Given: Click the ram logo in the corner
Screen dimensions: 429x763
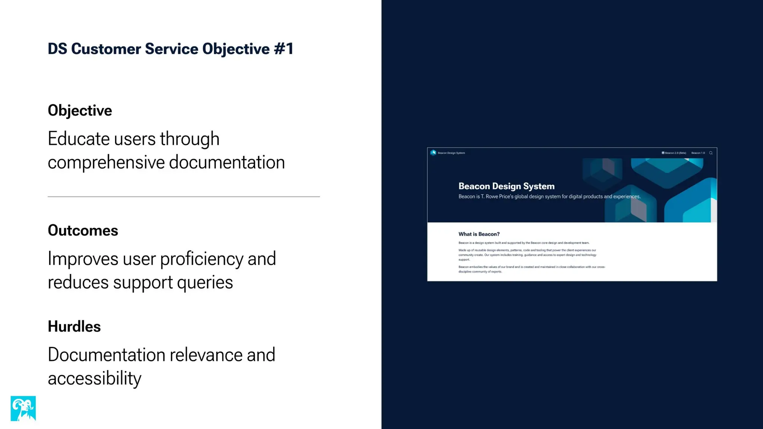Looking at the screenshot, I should click(x=23, y=408).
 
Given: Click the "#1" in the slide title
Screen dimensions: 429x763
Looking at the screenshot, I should click(x=284, y=49).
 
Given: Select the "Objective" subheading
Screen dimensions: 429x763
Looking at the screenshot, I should click(x=80, y=111).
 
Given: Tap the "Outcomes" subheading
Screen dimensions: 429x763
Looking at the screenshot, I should click(x=83, y=231).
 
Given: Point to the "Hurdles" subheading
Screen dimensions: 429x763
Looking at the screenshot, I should click(x=74, y=327).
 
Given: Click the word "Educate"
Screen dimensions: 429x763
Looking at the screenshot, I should click(x=79, y=139).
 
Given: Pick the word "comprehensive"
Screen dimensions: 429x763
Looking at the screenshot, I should click(x=106, y=163).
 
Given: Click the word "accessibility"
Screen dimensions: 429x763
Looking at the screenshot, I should click(x=95, y=378).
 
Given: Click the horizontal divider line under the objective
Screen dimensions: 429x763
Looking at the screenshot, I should click(x=184, y=196).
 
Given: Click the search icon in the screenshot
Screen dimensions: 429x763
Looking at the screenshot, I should click(x=711, y=153).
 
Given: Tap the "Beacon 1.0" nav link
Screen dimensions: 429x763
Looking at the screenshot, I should click(x=698, y=153).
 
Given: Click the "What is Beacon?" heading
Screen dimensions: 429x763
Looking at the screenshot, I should click(x=479, y=234).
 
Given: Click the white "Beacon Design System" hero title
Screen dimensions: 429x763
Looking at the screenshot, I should click(x=506, y=186).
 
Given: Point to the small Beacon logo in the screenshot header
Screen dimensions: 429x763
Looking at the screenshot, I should click(x=433, y=153).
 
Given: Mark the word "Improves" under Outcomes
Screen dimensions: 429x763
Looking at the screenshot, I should click(x=83, y=259).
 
